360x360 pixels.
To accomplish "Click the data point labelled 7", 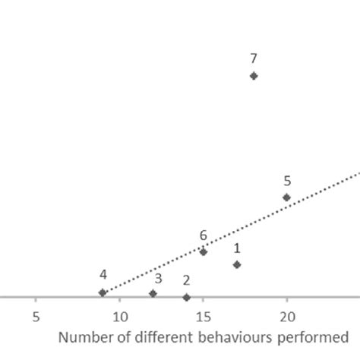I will click(x=254, y=76).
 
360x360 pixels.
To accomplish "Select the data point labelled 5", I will click(x=286, y=197).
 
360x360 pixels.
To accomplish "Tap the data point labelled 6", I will click(x=203, y=251).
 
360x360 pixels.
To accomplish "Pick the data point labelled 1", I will click(x=237, y=264).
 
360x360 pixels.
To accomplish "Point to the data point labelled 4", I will click(x=103, y=292).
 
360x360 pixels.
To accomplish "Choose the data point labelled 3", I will click(x=153, y=293).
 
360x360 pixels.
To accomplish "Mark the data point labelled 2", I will click(x=186, y=297).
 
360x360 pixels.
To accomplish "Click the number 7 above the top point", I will click(x=254, y=58).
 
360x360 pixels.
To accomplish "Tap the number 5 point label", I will click(x=287, y=181).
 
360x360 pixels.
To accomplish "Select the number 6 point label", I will click(x=203, y=235).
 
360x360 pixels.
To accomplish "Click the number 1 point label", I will click(x=237, y=248).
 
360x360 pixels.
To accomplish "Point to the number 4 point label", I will click(x=103, y=275).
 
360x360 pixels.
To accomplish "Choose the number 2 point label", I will click(x=186, y=280).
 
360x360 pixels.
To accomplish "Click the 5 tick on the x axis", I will click(x=36, y=317).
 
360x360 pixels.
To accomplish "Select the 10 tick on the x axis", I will click(x=119, y=317).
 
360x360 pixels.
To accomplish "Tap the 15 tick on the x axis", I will click(x=203, y=317).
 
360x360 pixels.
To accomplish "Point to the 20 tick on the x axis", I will click(x=287, y=317).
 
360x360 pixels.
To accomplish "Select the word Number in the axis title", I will click(x=82, y=336).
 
